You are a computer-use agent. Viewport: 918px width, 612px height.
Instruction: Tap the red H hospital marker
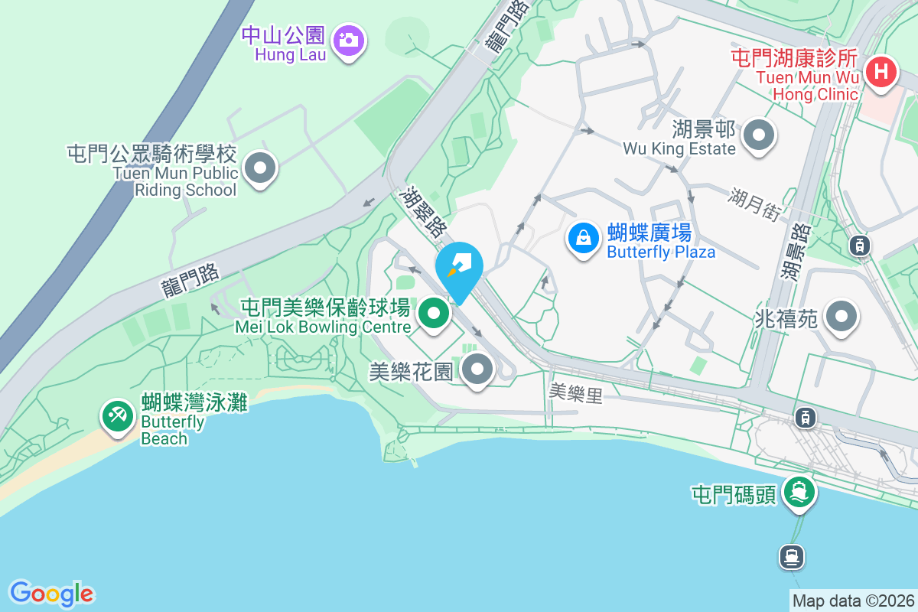point(880,73)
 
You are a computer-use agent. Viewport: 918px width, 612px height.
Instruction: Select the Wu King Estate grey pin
point(759,135)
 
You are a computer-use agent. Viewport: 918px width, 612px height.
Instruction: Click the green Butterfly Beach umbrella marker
point(117,416)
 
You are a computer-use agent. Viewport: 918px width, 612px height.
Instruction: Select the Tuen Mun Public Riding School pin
point(260,168)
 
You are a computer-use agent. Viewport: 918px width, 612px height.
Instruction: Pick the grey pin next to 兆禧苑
point(841,315)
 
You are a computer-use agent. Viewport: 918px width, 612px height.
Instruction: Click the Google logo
point(51,594)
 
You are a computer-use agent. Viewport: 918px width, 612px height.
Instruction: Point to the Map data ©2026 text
point(853,601)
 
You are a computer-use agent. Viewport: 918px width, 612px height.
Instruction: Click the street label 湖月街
point(754,204)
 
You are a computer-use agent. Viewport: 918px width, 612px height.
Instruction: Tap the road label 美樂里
point(576,393)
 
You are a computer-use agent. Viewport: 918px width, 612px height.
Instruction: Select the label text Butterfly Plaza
point(661,252)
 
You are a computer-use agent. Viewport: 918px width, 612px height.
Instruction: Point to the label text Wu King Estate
point(679,148)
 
